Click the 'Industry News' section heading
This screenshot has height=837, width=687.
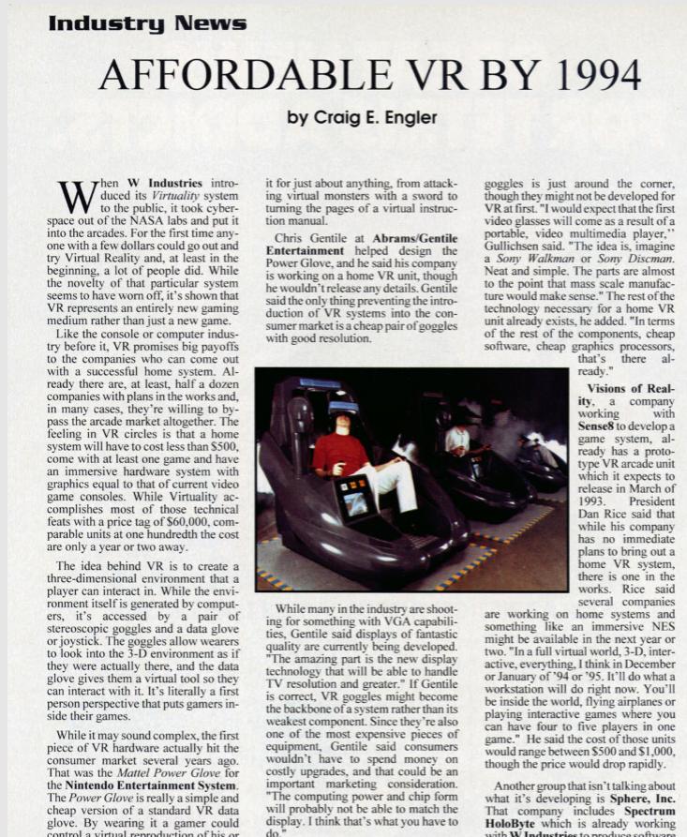[x=147, y=23]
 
